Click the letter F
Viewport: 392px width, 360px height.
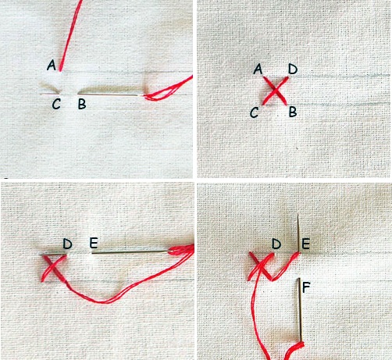point(306,287)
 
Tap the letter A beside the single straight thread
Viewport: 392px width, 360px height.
point(52,65)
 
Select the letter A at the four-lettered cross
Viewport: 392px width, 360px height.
point(258,69)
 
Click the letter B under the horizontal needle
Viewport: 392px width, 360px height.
point(82,104)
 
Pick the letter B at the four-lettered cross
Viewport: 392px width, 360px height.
point(293,112)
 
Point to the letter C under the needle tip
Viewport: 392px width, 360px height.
point(56,104)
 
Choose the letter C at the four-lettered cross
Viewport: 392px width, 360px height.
point(254,112)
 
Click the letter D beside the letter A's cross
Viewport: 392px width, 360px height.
point(293,70)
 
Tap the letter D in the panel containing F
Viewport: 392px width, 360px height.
point(276,244)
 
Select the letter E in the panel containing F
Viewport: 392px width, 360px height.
point(305,244)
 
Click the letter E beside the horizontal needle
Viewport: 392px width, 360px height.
point(94,243)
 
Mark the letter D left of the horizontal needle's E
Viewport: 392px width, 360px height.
point(67,244)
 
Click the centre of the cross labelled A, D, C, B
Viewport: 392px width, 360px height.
point(275,91)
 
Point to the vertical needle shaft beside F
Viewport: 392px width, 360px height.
point(300,310)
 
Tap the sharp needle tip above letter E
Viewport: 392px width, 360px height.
point(298,214)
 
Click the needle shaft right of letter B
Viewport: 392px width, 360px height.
point(109,94)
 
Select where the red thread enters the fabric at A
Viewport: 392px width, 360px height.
point(60,70)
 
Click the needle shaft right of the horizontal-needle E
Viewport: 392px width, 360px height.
point(130,252)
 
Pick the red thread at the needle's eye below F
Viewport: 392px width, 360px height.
point(301,344)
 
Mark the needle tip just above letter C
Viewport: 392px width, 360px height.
point(41,94)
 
